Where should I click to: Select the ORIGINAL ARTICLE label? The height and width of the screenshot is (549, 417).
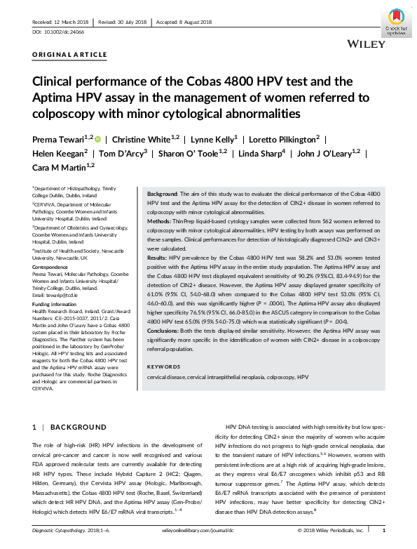[70, 54]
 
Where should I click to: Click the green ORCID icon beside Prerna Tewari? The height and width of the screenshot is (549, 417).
[97, 139]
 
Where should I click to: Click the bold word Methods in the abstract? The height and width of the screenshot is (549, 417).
[160, 220]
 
